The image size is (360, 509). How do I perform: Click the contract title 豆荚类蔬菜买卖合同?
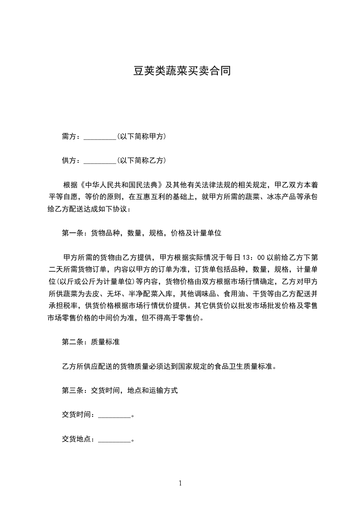click(180, 71)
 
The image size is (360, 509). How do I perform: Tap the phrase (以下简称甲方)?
click(141, 137)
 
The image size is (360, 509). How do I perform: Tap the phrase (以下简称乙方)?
click(141, 161)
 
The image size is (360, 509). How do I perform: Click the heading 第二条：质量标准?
click(90, 342)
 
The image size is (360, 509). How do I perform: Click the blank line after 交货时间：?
click(114, 415)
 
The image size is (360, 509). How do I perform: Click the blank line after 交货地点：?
click(114, 439)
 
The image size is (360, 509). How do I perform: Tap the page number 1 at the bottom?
click(180, 483)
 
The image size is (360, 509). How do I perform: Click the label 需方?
click(69, 137)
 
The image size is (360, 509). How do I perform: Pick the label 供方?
click(69, 161)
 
